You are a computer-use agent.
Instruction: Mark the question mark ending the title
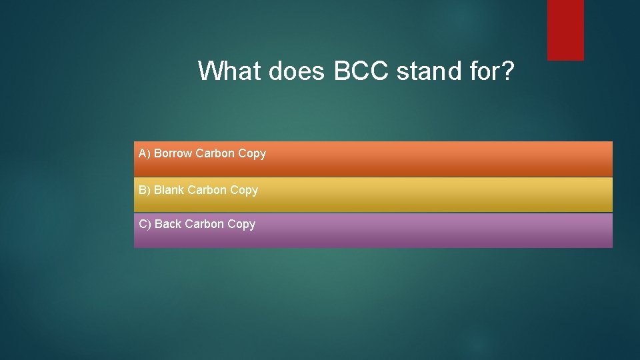point(508,71)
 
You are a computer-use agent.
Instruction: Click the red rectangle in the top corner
point(565,29)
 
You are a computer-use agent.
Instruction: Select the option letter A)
point(145,154)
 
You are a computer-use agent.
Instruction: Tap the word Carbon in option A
point(215,153)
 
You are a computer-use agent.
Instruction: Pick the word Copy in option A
point(252,154)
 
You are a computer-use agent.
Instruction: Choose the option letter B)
point(145,191)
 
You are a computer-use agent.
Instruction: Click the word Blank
point(169,190)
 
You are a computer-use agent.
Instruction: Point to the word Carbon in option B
point(207,190)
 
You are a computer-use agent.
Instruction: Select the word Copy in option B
point(244,191)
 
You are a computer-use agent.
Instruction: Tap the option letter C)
point(145,225)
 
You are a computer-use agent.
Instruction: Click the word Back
point(168,224)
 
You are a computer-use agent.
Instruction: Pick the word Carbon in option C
point(205,224)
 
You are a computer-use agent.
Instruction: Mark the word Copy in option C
point(241,225)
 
